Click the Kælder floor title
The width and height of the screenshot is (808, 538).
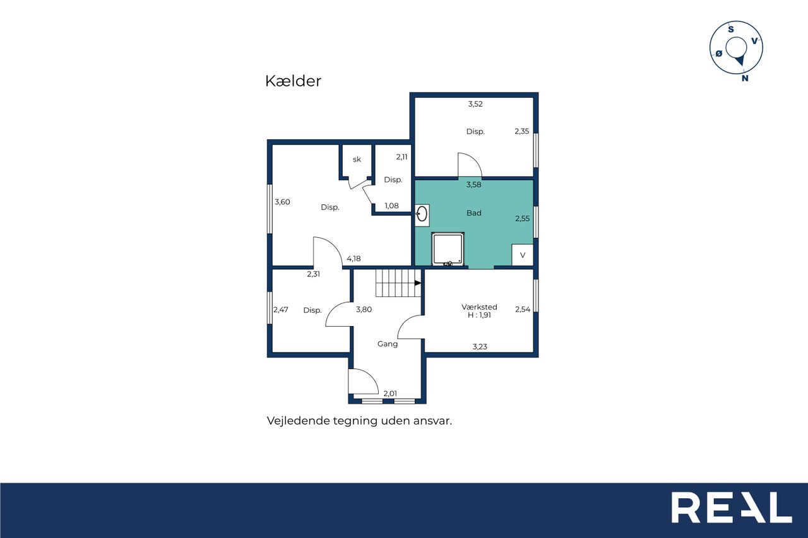point(293,81)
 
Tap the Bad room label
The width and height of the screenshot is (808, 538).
point(473,213)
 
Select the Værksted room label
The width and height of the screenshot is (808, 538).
point(479,307)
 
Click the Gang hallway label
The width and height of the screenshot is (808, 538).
point(388,344)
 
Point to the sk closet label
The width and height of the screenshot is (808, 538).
point(357,160)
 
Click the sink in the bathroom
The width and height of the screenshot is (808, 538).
point(422,215)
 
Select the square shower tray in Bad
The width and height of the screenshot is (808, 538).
point(448,249)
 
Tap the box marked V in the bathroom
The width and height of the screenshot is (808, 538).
point(522,255)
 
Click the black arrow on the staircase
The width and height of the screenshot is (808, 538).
point(418,283)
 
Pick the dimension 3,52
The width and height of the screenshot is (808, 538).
point(475,104)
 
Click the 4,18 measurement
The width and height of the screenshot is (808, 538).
point(353,259)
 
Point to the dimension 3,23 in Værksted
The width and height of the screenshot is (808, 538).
point(480,347)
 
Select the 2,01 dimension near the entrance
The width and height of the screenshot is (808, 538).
point(390,394)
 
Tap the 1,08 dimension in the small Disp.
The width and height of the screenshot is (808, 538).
point(391,206)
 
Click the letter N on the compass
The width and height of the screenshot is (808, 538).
point(745,78)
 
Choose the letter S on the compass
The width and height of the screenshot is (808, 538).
point(731,29)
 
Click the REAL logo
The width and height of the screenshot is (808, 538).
point(732,507)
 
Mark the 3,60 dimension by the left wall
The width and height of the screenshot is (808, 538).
point(282,202)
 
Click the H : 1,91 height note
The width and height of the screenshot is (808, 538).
point(479,315)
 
